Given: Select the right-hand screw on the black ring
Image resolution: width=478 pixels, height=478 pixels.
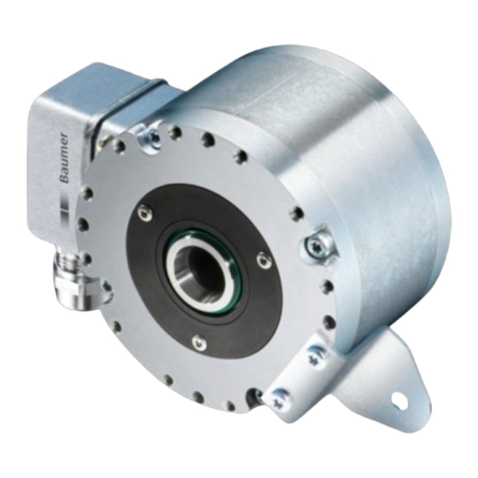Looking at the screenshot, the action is point(262,259).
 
